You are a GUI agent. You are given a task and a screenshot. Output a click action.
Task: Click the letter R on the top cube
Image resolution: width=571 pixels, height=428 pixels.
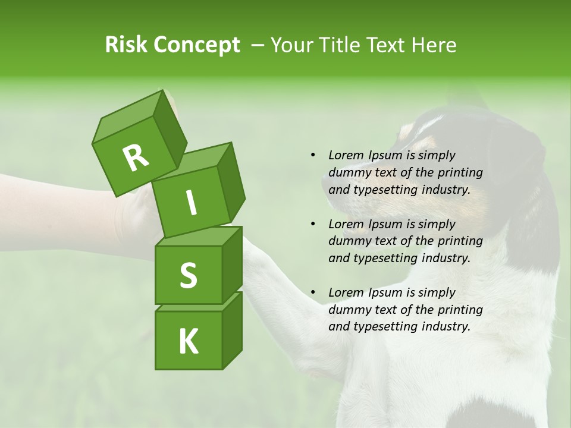tap(136, 158)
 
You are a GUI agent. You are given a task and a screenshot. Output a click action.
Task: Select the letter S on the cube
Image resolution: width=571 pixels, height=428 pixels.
tap(188, 275)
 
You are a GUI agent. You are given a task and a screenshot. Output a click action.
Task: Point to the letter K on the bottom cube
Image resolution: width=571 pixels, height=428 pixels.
tap(188, 342)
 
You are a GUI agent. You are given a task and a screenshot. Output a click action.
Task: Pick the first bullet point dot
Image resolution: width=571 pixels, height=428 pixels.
tap(313, 155)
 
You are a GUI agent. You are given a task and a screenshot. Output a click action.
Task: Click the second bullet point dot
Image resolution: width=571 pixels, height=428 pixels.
tap(313, 224)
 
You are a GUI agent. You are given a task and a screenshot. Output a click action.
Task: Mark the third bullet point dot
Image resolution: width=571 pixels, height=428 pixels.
tap(313, 292)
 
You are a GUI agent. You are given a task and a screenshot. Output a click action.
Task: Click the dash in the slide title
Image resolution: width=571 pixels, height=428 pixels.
tap(258, 45)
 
